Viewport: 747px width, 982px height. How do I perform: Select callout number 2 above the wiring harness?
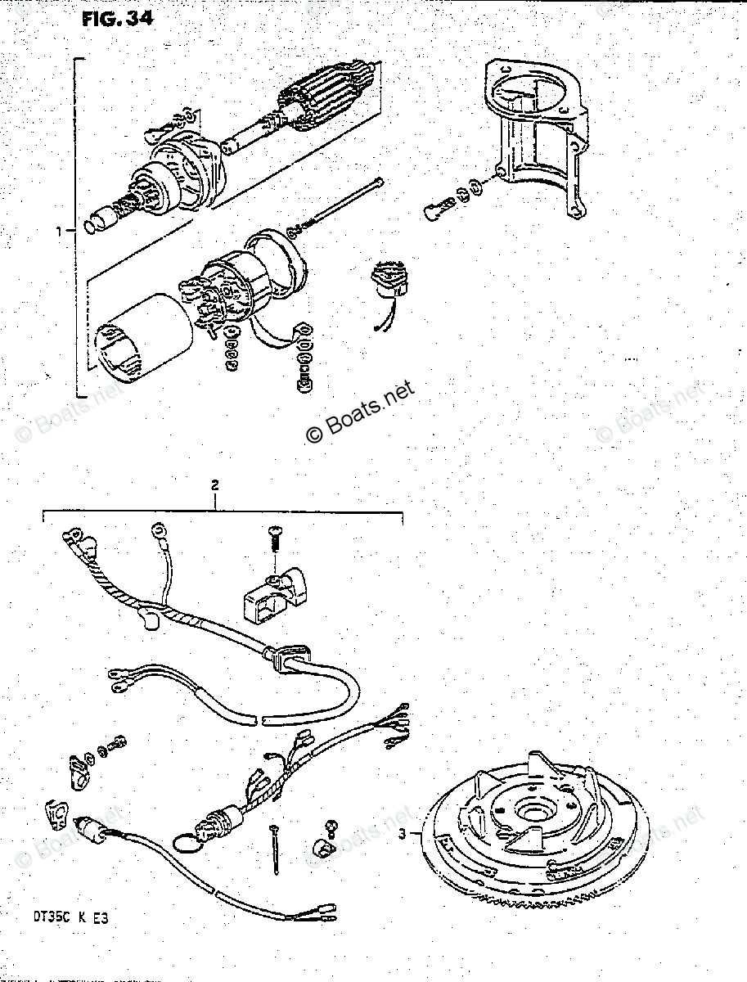215,485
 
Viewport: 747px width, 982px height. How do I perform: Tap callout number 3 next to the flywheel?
403,835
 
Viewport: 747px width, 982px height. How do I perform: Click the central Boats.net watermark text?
361,412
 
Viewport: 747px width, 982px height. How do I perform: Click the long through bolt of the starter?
344,205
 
